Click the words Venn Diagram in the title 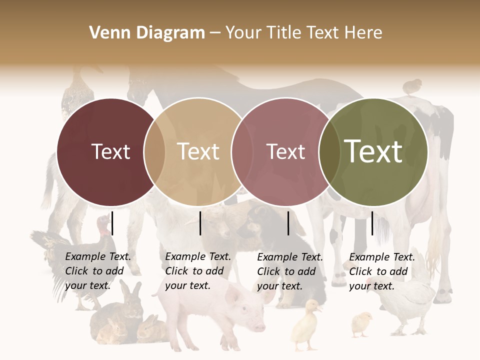pos(147,33)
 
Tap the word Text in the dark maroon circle pos(110,151)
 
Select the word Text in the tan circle pos(198,151)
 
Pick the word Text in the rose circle pos(285,151)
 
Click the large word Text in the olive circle pos(373,151)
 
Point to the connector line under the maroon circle pos(112,223)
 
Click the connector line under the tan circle pos(200,223)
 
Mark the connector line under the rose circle pos(288,223)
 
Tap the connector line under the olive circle pos(372,223)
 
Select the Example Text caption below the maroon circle pos(97,271)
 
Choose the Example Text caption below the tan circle pos(197,271)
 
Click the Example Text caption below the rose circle pos(289,271)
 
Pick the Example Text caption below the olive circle pos(381,271)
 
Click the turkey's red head pos(103,226)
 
